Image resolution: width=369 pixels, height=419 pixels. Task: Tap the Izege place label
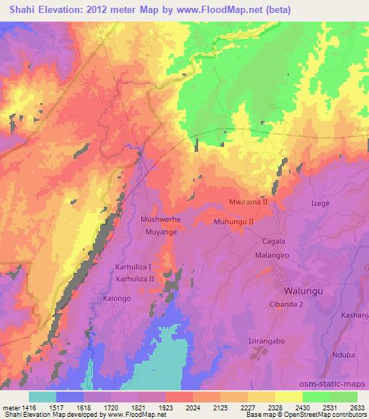click(320, 204)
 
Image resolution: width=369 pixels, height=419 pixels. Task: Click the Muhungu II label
click(234, 222)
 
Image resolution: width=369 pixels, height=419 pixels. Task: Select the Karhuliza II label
click(135, 278)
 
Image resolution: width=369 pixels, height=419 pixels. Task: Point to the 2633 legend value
click(357, 407)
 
